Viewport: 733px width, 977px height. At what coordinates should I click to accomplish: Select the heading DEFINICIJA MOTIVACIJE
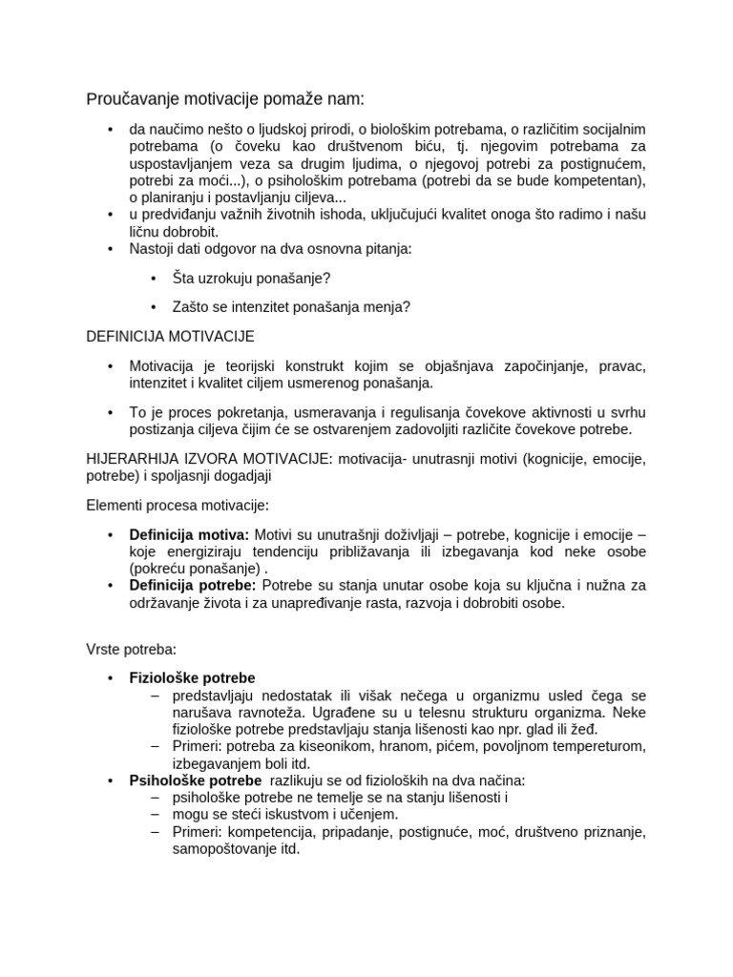[171, 337]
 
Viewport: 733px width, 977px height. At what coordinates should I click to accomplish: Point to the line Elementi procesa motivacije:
[178, 504]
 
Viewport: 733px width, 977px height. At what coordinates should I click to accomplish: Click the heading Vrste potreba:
[131, 650]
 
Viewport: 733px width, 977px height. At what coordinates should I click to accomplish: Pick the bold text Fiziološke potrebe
[192, 678]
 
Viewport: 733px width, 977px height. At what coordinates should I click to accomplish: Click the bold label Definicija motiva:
[189, 534]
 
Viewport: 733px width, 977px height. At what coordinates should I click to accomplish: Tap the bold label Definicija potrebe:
[192, 585]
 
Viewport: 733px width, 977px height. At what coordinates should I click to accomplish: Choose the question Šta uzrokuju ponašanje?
[253, 278]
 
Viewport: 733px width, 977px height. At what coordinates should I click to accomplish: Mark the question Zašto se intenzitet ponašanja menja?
[291, 306]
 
